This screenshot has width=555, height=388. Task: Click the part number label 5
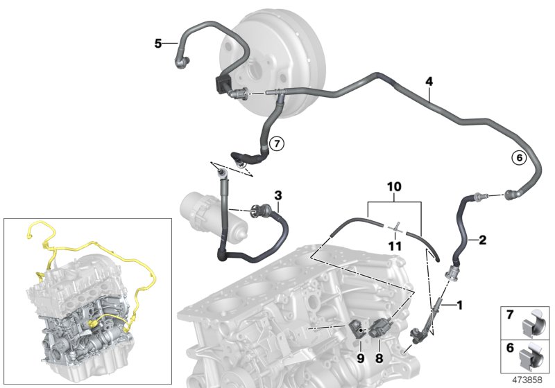coord(157,44)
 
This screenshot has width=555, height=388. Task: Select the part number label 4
coord(429,82)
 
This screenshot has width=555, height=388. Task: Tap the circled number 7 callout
coord(276,143)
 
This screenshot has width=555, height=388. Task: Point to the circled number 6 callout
coord(517,157)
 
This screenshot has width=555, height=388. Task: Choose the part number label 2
coord(482,240)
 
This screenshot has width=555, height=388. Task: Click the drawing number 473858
coord(528,380)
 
